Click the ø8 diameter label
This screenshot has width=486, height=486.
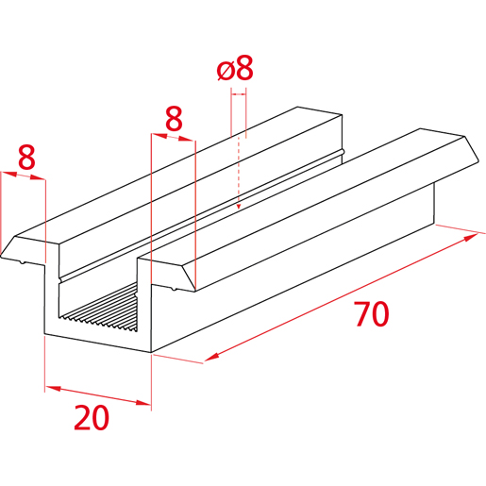point(235,68)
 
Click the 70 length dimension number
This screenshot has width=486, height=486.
point(372,314)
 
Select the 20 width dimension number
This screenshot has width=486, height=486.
point(92,417)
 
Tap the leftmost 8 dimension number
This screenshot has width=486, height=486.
point(26,158)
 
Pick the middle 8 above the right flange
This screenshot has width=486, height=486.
point(174,119)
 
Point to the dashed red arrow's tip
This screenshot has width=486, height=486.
point(239,209)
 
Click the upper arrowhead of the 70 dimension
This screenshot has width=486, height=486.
point(471,237)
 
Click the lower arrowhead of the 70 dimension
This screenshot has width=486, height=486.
point(212,357)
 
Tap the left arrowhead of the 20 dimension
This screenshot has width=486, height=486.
point(53,389)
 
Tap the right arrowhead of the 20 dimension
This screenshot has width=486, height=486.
point(143,402)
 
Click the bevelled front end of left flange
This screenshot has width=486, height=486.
point(30,248)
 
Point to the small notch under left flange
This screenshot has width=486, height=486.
point(22,261)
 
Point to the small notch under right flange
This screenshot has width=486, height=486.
point(173,289)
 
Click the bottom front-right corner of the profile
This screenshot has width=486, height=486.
point(152,352)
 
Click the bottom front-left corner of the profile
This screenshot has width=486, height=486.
point(44,334)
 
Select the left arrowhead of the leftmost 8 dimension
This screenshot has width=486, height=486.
point(8,174)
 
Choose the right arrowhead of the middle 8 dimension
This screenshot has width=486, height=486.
point(187,139)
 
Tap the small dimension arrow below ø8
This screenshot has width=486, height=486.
point(239,93)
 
